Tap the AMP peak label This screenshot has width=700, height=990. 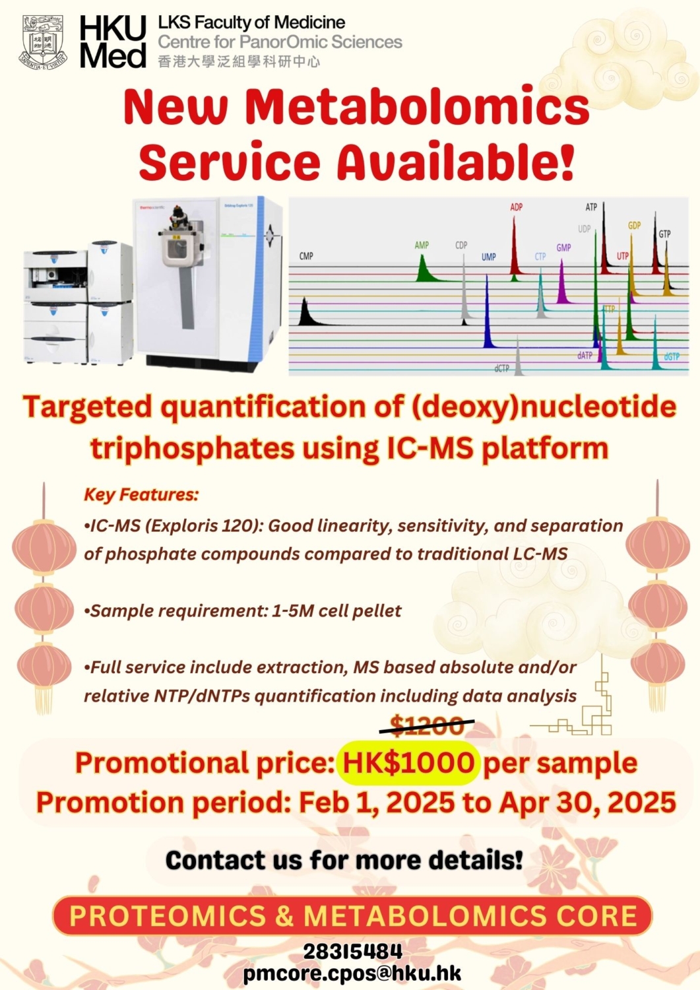[422, 245]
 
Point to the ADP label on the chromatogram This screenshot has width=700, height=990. [516, 207]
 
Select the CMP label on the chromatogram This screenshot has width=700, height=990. [306, 256]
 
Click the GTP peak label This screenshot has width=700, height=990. [664, 234]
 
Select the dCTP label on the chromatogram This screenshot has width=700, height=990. [502, 368]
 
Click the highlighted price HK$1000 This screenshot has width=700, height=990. [408, 763]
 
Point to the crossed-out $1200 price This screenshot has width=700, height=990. [427, 726]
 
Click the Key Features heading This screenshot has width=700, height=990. [141, 494]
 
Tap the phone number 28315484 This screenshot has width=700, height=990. [352, 951]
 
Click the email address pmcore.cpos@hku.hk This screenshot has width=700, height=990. [352, 973]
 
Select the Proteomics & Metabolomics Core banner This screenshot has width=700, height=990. [352, 916]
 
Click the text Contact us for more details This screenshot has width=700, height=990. [344, 860]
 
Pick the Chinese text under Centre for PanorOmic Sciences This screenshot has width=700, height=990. [239, 62]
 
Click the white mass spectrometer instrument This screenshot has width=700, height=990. [208, 280]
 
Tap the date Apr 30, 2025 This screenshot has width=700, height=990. [587, 803]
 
